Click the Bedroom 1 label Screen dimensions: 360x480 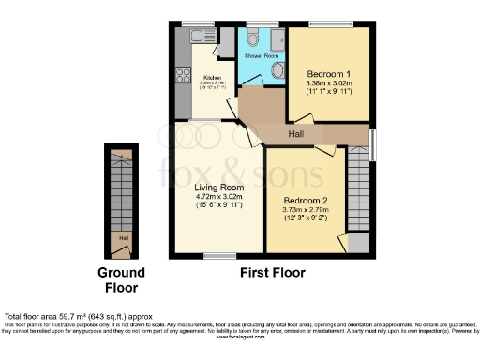tap(328, 73)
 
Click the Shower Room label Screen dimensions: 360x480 tap(262, 56)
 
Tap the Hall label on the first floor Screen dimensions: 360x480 tap(295, 135)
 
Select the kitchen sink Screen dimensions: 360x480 tap(198, 36)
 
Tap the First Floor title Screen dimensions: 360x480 tap(273, 274)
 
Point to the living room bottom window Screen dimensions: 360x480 tap(220, 254)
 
